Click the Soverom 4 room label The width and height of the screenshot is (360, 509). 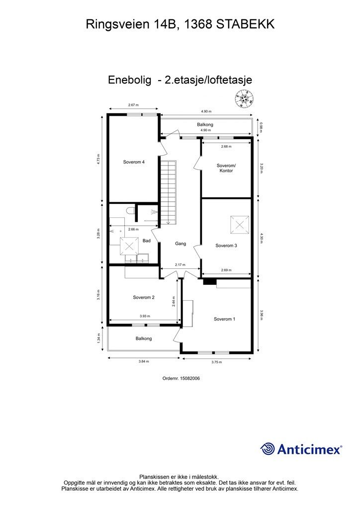point(134,162)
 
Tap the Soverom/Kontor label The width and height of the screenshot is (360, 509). point(226,168)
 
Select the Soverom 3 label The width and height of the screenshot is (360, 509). point(226,246)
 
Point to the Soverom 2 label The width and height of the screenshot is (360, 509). point(144,297)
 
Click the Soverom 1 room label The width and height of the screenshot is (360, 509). point(224,319)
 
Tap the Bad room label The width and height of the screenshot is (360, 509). point(147,241)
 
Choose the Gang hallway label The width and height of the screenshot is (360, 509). point(180,244)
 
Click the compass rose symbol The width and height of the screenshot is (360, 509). point(245,98)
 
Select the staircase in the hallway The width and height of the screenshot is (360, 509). point(169,192)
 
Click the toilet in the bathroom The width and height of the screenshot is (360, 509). point(130,211)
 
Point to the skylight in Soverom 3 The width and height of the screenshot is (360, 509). point(240,225)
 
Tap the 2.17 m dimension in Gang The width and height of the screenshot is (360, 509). point(180,265)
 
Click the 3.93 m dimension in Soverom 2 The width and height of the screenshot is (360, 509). point(145,316)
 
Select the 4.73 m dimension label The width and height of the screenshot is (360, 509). point(98,159)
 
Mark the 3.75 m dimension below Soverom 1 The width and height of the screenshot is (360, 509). point(216,362)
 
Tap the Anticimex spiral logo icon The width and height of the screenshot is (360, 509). point(268,449)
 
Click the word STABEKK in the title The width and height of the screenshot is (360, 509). point(246,24)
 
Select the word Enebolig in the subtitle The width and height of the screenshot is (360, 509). point(129,80)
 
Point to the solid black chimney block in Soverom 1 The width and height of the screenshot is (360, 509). point(210,282)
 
